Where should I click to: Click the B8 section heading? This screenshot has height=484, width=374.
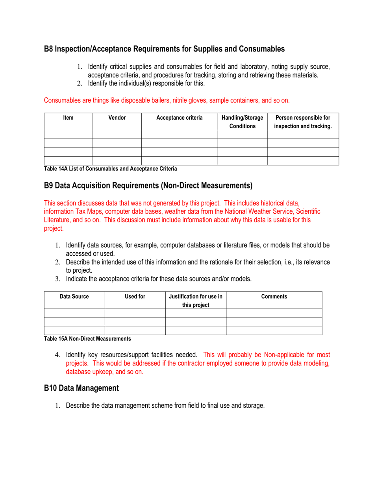click(164, 49)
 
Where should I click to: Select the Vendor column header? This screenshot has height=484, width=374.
click(117, 117)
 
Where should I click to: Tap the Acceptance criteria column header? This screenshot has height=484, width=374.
click(180, 117)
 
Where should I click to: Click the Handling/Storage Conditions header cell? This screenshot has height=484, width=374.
click(243, 122)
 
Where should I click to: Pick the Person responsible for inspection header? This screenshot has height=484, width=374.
click(303, 122)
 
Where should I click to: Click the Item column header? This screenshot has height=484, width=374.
click(68, 117)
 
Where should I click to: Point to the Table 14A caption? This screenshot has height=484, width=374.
click(110, 169)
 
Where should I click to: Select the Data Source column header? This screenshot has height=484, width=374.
click(74, 296)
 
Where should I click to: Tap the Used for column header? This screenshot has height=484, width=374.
click(135, 296)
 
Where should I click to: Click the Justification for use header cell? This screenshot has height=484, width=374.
click(196, 300)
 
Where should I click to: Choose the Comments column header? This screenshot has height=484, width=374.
click(274, 296)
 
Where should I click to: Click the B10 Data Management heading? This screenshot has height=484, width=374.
click(81, 388)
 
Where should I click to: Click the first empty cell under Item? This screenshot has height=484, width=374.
click(68, 134)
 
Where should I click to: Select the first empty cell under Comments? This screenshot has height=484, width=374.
click(274, 313)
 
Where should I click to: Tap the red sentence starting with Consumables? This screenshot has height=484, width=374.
click(167, 100)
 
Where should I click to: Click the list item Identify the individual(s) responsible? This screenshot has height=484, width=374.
click(146, 83)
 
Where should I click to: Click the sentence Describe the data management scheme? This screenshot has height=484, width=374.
click(165, 406)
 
